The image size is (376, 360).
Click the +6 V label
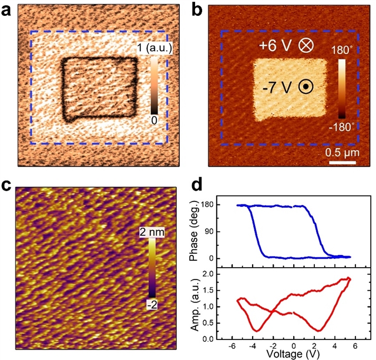(x=275, y=45)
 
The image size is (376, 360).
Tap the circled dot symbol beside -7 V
(x=305, y=87)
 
